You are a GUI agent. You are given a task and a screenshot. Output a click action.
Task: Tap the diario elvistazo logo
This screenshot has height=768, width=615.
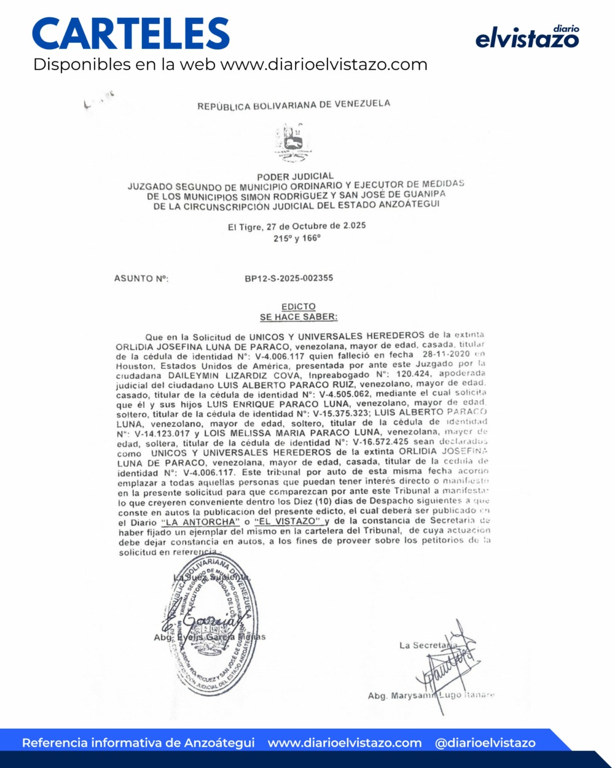[x=527, y=37]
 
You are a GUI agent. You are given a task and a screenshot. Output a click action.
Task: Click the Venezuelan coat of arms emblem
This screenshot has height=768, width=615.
[x=290, y=140]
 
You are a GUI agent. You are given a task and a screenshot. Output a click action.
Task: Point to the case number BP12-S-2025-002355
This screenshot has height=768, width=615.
[x=289, y=278]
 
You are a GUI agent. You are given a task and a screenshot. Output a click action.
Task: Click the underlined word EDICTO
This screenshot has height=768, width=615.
[x=299, y=306]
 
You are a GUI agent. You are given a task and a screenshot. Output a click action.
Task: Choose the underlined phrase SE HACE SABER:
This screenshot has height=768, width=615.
[x=299, y=317]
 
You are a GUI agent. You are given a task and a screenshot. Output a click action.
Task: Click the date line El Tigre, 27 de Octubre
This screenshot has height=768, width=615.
[x=297, y=226]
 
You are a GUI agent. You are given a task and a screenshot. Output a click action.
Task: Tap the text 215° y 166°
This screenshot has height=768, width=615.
[x=297, y=238]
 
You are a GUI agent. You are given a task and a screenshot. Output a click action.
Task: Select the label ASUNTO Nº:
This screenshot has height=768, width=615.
[x=141, y=279]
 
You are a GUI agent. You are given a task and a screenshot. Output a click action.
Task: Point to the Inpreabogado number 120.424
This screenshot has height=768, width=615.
[x=411, y=374]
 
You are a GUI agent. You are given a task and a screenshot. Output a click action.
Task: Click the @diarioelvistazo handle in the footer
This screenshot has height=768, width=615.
[x=485, y=743]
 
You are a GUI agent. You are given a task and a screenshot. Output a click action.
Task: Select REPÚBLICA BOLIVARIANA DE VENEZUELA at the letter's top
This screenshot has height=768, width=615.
[x=293, y=105]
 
